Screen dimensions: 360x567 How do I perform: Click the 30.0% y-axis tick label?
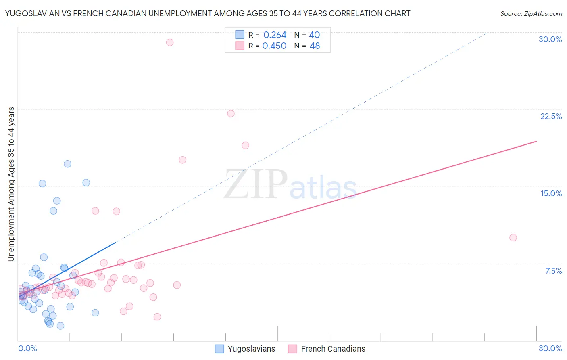pyautogui.click(x=550, y=39)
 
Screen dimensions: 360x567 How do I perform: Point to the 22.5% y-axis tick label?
pyautogui.click(x=551, y=116)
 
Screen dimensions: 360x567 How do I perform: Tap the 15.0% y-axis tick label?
pyautogui.click(x=551, y=193)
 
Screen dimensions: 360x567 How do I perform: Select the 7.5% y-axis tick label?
pyautogui.click(x=553, y=271)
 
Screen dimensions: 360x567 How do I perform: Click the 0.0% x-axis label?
pyautogui.click(x=27, y=348)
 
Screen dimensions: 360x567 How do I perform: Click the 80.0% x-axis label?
pyautogui.click(x=550, y=348)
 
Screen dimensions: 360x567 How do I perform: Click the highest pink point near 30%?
pyautogui.click(x=170, y=42)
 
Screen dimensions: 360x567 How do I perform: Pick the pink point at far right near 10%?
pyautogui.click(x=513, y=238)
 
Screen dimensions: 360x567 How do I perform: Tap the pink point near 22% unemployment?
pyautogui.click(x=231, y=113)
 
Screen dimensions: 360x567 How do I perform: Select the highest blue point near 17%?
pyautogui.click(x=67, y=164)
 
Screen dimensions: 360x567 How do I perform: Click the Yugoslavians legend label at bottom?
pyautogui.click(x=251, y=349)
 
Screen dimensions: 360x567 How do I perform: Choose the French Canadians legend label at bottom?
pyautogui.click(x=333, y=349)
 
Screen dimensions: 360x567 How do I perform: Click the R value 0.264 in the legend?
pyautogui.click(x=275, y=35)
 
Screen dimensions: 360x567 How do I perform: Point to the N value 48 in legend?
pyautogui.click(x=315, y=46)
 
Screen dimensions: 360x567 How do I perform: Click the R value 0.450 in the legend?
pyautogui.click(x=274, y=46)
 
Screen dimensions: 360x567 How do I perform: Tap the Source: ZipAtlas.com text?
pyautogui.click(x=531, y=14)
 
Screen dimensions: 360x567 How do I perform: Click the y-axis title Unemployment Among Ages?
pyautogui.click(x=11, y=184)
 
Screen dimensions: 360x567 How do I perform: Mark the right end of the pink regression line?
pyautogui.click(x=537, y=141)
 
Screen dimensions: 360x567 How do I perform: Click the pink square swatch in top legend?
pyautogui.click(x=240, y=46)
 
